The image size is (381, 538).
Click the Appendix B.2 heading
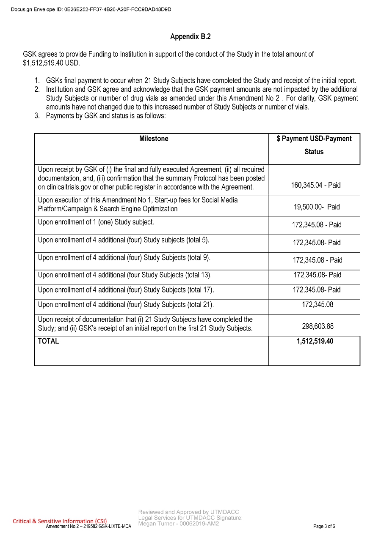coord(190,37)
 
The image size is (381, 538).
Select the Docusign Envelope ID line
coord(91,9)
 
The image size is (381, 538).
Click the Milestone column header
coord(154,139)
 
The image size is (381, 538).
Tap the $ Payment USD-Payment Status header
coord(314,145)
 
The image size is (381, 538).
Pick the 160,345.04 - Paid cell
coord(315,185)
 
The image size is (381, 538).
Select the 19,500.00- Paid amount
coord(316,207)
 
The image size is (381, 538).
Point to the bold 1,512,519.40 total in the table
coord(315,341)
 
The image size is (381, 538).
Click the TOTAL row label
coord(49,341)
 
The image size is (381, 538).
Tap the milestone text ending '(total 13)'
coord(125,275)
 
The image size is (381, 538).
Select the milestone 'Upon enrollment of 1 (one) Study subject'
coord(96,222)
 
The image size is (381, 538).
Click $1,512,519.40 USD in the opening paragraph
coord(51,63)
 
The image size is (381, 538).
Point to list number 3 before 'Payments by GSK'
coord(37,116)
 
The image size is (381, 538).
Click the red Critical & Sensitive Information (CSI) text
coord(60,521)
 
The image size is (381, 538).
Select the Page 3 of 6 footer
coord(324,526)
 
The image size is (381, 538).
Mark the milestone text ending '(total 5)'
coord(124,240)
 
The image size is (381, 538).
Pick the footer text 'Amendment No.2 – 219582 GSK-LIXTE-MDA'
coord(88,526)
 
